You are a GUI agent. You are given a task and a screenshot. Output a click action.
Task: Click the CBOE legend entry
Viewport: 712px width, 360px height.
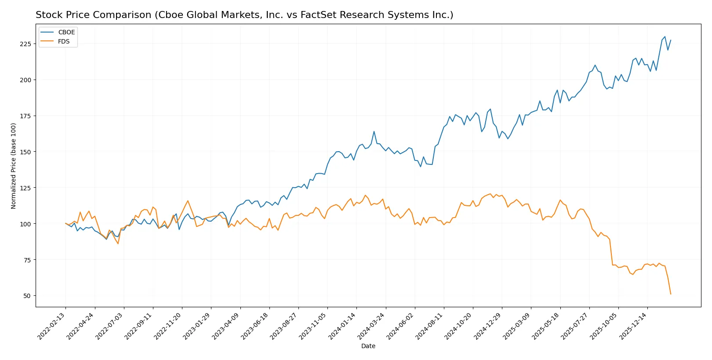point(66,32)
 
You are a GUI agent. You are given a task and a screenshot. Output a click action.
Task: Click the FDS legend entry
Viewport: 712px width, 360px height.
point(64,41)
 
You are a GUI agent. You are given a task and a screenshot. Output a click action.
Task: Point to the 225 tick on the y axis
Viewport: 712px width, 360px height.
point(25,44)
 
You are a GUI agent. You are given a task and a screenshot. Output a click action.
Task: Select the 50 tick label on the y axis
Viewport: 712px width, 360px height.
point(27,296)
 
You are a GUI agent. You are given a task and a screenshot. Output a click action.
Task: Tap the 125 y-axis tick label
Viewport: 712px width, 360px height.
point(25,188)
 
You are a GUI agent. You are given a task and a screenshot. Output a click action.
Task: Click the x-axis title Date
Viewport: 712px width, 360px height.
point(368,346)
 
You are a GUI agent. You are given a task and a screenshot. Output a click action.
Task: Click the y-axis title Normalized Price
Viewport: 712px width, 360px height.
point(14,166)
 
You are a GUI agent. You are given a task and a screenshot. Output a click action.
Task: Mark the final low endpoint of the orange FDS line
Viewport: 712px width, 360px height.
point(671,294)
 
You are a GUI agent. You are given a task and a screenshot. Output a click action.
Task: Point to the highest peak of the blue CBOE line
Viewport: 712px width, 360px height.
point(665,36)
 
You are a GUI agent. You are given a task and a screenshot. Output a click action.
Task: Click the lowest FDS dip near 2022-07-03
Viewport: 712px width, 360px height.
point(118,244)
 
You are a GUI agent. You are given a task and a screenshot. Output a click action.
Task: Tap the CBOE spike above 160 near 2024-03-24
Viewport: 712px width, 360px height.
point(374,131)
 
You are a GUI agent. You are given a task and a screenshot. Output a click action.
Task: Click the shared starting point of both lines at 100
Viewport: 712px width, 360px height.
point(65,223)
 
